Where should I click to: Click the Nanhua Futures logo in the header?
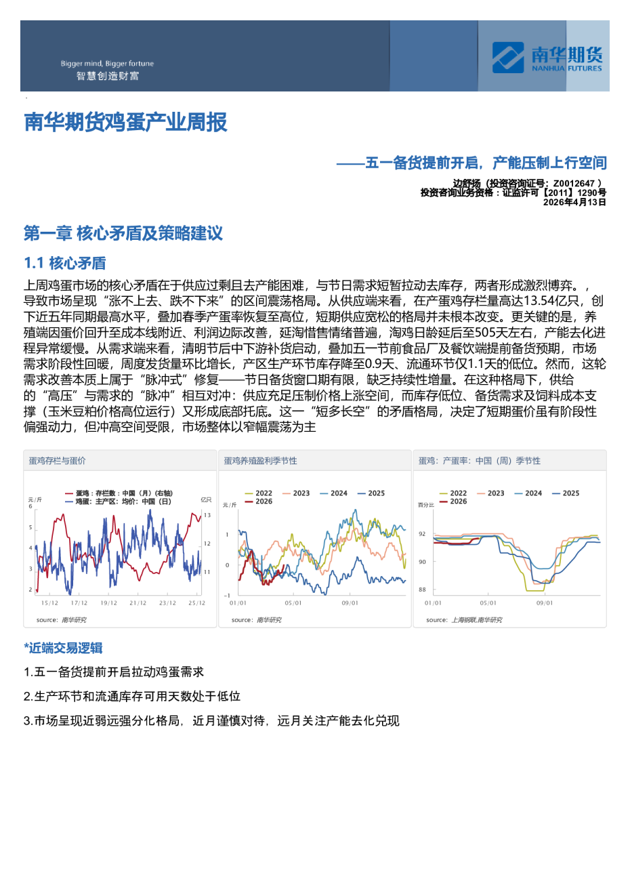547,58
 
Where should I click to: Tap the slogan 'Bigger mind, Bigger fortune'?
107,64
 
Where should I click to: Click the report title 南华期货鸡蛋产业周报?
126,123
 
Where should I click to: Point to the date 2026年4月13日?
574,202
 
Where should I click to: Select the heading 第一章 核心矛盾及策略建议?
123,234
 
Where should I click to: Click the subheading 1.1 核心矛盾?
65,263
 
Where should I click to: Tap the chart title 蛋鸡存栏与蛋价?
58,461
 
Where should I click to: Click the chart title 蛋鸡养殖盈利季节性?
261,461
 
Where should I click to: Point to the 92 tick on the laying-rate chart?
422,534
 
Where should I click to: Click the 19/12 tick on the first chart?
108,603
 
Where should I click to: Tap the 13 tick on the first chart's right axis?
207,516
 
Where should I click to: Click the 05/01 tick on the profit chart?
293,603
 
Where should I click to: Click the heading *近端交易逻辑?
63,648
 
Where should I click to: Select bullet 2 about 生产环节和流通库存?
132,696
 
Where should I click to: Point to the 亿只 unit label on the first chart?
206,499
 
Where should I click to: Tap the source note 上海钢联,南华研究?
477,620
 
